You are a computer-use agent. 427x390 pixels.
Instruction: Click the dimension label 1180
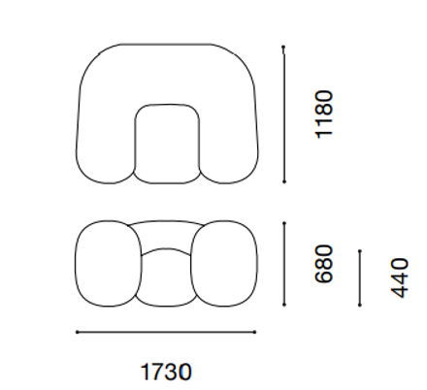click(x=324, y=114)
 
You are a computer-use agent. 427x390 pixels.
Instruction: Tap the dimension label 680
click(x=324, y=264)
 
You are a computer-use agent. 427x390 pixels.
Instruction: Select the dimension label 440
click(x=400, y=277)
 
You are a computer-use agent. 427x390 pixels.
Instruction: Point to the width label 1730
click(x=166, y=372)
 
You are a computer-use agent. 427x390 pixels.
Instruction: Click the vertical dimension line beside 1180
click(x=284, y=114)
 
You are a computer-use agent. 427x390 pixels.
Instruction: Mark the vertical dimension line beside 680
click(x=284, y=264)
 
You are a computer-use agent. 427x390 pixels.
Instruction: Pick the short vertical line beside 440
click(x=360, y=277)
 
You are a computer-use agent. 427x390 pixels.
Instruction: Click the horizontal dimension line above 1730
click(x=166, y=332)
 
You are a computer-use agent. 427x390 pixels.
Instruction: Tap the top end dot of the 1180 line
click(x=283, y=48)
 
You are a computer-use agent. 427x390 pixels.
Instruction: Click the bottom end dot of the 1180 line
click(x=284, y=182)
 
